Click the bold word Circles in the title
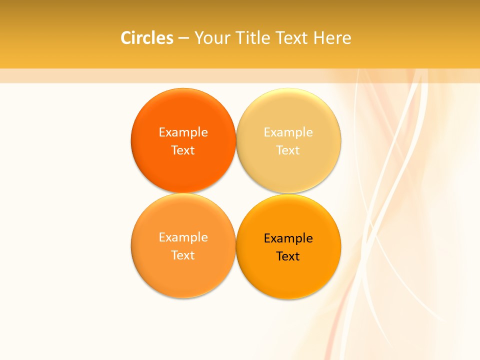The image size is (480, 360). click(147, 38)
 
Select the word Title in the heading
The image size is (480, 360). click(254, 38)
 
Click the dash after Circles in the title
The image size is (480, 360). click(184, 38)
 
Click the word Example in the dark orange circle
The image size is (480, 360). click(183, 132)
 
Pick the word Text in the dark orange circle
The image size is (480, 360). click(183, 150)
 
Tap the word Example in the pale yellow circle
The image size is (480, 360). click(288, 132)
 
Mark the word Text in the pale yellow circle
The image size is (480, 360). click(288, 150)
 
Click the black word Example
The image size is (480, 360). click(288, 238)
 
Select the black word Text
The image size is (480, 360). click(288, 256)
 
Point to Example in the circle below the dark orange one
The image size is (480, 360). click(183, 237)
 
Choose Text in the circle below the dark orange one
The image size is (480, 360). click(183, 255)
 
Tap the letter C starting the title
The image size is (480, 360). click(126, 38)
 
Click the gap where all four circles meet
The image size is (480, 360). click(236, 193)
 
